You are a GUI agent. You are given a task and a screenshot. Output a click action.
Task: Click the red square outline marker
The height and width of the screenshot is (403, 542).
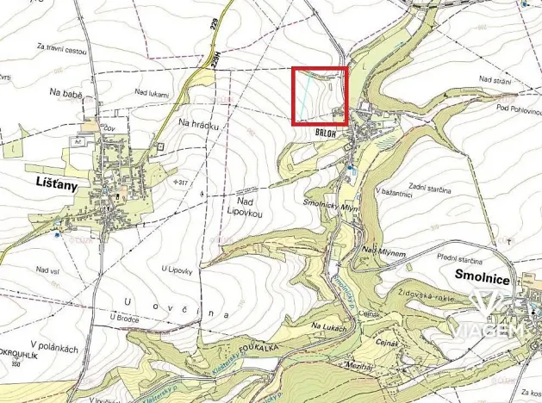tap(320, 96)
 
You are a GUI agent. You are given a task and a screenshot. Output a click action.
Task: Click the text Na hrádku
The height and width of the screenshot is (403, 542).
tap(199, 125)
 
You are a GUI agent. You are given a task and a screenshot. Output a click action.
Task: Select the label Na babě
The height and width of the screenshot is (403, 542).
tap(65, 90)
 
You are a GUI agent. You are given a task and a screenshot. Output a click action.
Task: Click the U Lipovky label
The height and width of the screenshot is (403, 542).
tap(177, 270)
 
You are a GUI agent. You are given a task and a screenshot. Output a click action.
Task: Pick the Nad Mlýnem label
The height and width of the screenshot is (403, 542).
tap(383, 250)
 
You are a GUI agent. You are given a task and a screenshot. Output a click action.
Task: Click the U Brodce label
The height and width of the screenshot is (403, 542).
tap(124, 316)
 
